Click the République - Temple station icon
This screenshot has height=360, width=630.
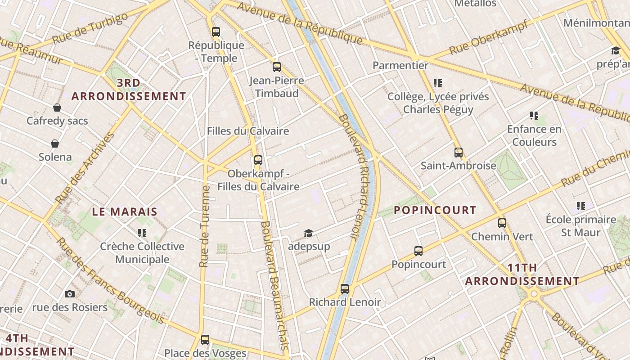tap(216, 31)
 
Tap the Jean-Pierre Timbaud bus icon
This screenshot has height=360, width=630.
tap(277, 67)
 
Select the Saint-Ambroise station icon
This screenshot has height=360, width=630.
tap(459, 152)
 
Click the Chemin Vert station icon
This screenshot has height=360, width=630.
tap(502, 223)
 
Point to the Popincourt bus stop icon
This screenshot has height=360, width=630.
tap(418, 251)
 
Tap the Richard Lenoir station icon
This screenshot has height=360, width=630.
tap(345, 288)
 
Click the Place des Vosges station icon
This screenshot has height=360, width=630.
tap(205, 339)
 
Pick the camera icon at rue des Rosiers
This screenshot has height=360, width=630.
tap(70, 294)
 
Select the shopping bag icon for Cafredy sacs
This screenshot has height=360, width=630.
tap(57, 108)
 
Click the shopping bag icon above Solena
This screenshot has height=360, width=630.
tap(55, 144)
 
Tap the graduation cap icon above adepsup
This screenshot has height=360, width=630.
tap(308, 233)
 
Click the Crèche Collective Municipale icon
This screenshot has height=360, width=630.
tap(142, 233)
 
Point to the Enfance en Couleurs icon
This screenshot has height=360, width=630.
tap(534, 116)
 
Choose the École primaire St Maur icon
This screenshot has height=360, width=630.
tap(581, 206)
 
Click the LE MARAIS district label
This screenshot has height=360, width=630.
tap(125, 211)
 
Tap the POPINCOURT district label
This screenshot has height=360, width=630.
tap(435, 210)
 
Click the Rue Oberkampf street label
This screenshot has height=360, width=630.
tap(489, 37)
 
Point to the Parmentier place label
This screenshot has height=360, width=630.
tap(400, 65)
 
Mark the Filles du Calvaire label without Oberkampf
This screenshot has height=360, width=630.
tap(248, 131)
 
